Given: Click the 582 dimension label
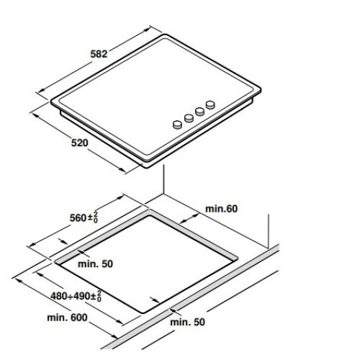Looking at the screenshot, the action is coord(99,54).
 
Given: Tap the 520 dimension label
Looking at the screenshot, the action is coord(80,143).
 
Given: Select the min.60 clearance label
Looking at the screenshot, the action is coord(221,209).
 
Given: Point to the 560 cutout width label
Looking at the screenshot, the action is coord(84,217).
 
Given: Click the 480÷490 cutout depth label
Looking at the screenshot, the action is coord(76,296).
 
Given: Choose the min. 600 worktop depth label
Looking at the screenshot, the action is coord(67,318).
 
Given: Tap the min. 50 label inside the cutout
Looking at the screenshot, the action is coord(95,264).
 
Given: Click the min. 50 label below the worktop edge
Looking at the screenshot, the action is coord(187,322).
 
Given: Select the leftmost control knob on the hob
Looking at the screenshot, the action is coord(177,125).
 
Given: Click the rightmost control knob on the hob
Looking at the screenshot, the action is coord(210,104).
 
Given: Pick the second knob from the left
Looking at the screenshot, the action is coord(189,118).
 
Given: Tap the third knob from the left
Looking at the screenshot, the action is coord(199,111).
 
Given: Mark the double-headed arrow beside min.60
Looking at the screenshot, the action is coord(189,218).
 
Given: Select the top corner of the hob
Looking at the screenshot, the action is coord(165,35).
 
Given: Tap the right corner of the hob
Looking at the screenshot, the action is coord(260,89).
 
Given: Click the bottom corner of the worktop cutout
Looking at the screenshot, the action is coord(143,312).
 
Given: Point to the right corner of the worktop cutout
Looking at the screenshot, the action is coord(237,258).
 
